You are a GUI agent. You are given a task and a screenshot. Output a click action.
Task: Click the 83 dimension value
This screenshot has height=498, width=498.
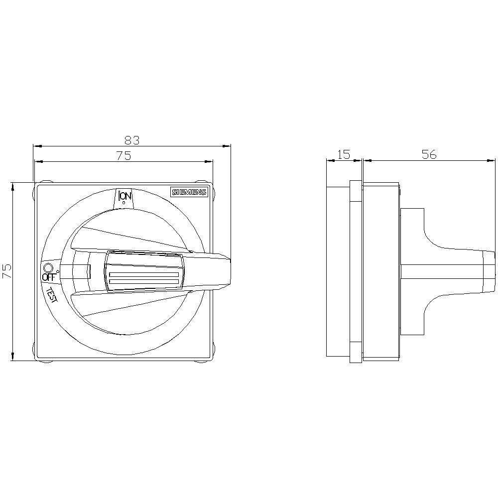coord(132,140)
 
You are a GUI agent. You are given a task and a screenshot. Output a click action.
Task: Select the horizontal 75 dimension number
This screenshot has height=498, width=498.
coord(124,156)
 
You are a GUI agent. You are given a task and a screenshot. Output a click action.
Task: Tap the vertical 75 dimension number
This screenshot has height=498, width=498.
coord(7,271)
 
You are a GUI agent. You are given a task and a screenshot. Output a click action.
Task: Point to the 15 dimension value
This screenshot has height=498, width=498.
coord(344,154)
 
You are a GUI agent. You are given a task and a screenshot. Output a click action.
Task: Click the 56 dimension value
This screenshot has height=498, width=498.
coord(429,154)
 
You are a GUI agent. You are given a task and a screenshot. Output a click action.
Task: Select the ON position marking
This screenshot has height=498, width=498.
coord(124,197)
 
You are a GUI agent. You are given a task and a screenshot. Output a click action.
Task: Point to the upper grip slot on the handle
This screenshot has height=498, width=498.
coord(143,275)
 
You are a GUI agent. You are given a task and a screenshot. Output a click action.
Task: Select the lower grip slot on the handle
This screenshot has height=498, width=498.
coord(143,283)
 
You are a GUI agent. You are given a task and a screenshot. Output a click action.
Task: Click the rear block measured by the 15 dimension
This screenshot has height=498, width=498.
coord(338,271)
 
